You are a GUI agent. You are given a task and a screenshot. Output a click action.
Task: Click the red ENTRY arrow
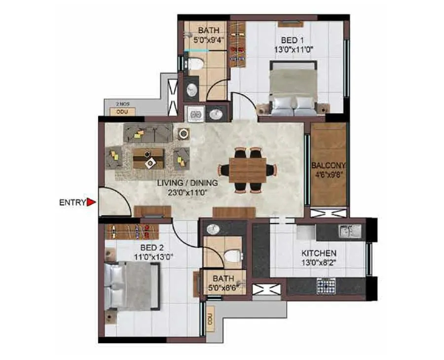[91, 202]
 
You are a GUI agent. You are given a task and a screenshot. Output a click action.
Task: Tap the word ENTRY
[72, 202]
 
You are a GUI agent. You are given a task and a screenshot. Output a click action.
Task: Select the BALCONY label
[328, 166]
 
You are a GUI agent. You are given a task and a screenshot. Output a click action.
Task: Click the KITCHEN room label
[319, 253]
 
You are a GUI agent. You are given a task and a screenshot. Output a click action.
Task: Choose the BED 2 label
[147, 248]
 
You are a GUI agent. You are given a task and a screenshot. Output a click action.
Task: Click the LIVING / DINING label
[187, 183]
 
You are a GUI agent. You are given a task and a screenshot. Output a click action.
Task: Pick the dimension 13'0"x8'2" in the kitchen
[319, 262]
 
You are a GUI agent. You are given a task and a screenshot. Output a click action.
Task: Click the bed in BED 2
[131, 286]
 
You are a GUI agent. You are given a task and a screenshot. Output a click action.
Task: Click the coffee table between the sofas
[148, 158]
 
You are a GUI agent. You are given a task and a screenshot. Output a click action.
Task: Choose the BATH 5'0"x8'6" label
[223, 282]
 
